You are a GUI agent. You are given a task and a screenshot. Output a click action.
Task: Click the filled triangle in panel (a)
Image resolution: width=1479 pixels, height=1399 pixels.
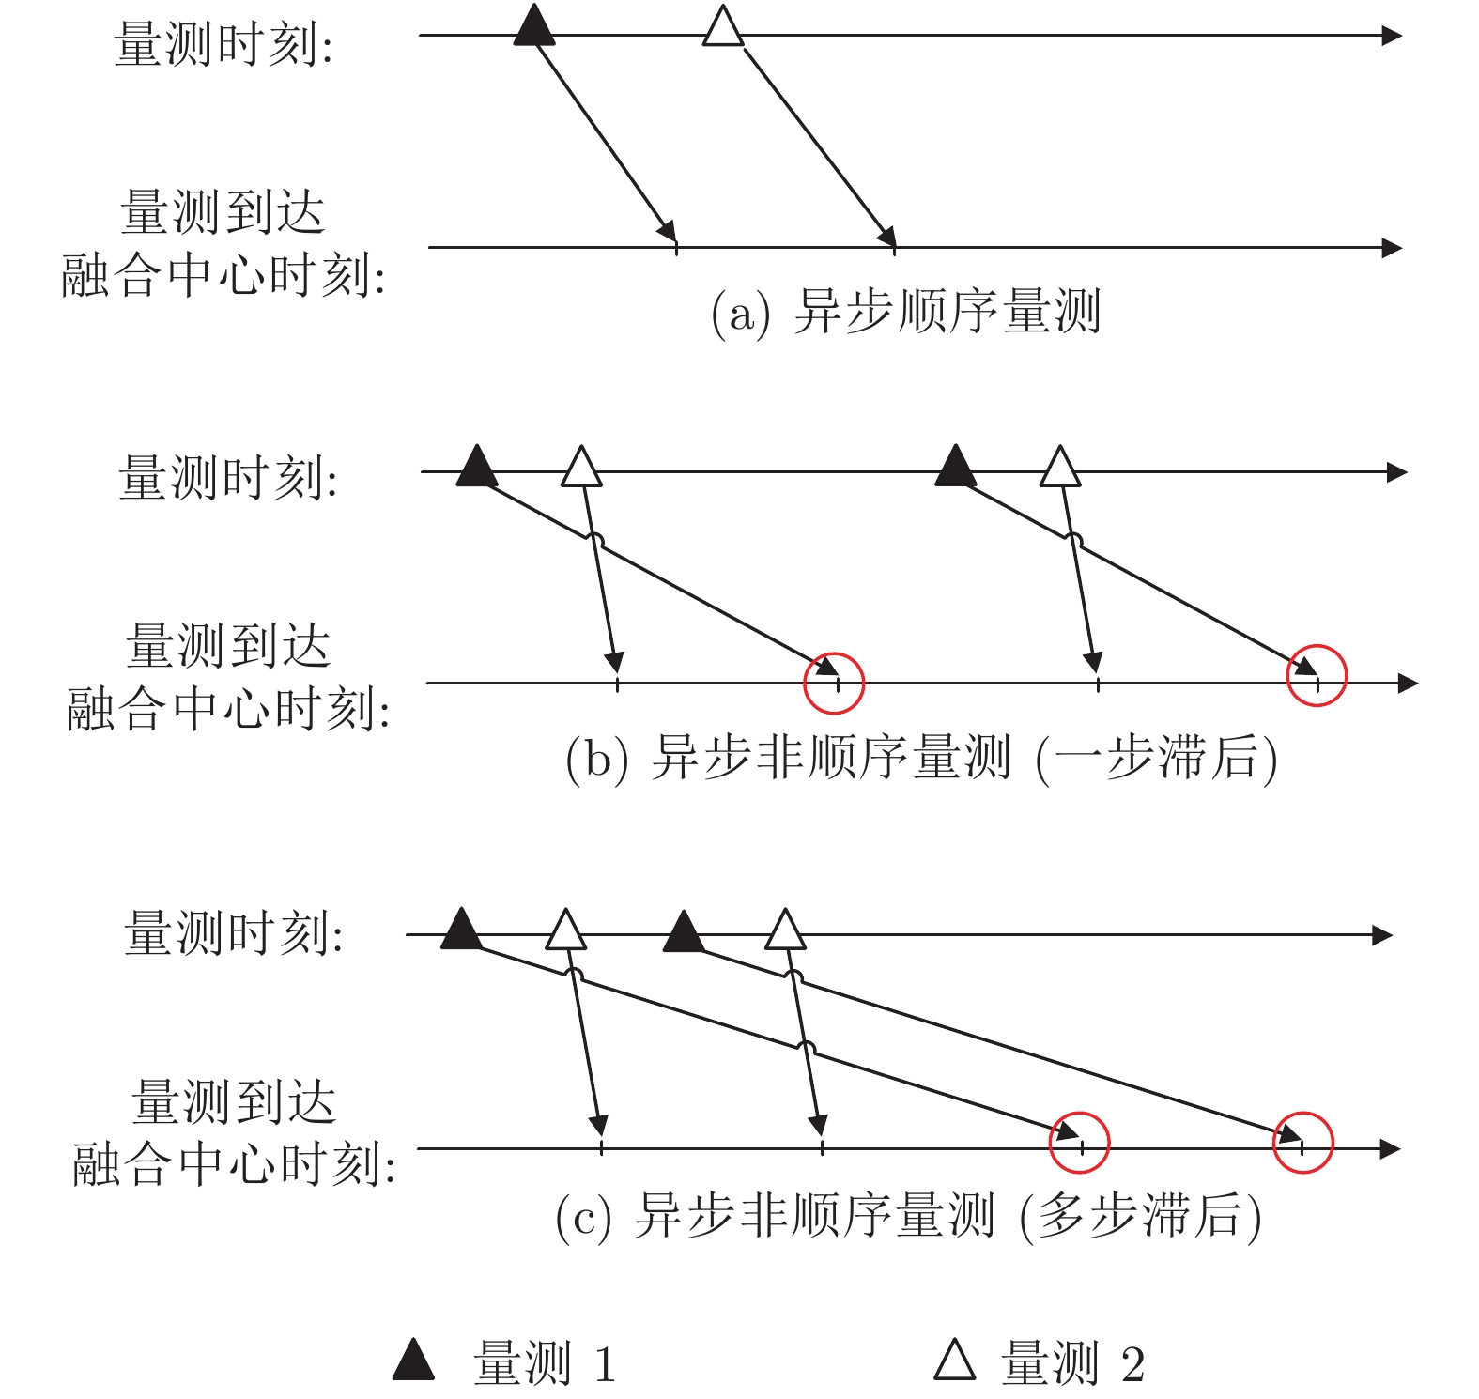534,26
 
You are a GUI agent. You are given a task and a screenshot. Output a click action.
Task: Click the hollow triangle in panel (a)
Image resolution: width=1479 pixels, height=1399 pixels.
723,26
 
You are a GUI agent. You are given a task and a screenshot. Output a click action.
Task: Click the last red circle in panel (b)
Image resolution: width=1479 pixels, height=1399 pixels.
1317,646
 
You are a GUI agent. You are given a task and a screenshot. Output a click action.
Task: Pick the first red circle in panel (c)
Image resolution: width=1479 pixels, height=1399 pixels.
1080,1114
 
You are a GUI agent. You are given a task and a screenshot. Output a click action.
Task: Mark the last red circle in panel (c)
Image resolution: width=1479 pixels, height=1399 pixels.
1302,1114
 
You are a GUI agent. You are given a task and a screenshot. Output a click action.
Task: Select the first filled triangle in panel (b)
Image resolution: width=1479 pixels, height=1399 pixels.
477,466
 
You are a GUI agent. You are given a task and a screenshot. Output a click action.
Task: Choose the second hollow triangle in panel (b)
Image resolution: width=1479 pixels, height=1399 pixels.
1060,466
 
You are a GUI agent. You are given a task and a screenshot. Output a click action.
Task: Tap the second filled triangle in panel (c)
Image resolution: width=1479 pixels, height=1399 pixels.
684,930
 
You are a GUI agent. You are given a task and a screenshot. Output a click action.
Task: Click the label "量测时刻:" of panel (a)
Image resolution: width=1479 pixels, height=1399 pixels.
223,44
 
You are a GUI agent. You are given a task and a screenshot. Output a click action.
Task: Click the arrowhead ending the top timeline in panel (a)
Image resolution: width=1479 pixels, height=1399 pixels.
1393,36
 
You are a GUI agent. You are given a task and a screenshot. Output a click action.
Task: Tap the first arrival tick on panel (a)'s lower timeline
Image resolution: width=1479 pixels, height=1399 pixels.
676,247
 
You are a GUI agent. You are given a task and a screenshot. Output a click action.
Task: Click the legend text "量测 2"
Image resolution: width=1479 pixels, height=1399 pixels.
1073,1363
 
